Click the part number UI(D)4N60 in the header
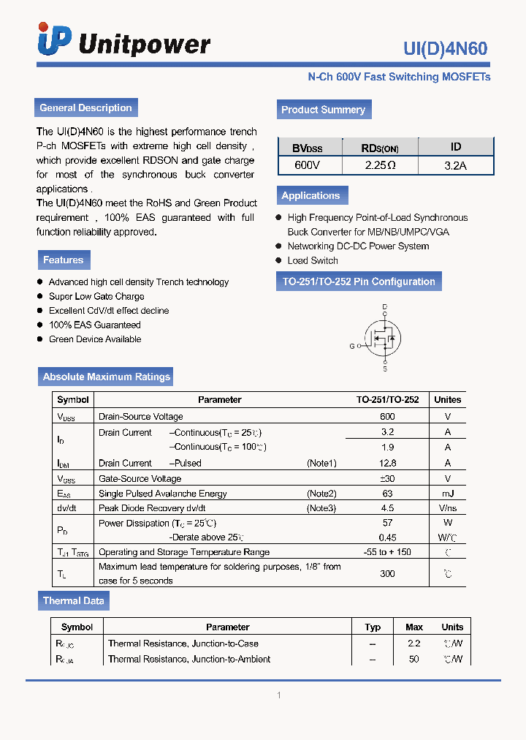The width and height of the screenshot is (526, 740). (x=445, y=49)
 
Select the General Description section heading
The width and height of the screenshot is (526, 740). (x=85, y=107)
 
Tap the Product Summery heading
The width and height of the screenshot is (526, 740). (x=323, y=110)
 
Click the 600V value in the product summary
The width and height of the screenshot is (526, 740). (x=307, y=165)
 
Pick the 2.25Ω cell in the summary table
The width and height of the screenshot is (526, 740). (x=380, y=165)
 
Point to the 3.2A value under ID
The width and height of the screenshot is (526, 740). (x=455, y=165)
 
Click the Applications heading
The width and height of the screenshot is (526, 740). (x=310, y=195)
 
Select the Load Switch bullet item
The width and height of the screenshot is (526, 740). (x=313, y=260)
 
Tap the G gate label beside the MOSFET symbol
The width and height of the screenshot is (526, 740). (x=351, y=346)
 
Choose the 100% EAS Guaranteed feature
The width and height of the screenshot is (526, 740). (x=94, y=325)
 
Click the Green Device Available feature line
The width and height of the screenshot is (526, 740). (x=95, y=339)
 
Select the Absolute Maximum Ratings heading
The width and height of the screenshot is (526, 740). (x=107, y=377)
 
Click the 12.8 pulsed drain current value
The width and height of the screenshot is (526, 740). (x=387, y=463)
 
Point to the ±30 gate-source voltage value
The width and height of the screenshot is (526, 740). (x=387, y=478)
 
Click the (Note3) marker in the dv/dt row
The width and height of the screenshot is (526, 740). (x=321, y=508)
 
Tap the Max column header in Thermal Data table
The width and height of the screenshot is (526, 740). (x=414, y=627)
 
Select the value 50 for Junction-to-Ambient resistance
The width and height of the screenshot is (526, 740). (x=414, y=659)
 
